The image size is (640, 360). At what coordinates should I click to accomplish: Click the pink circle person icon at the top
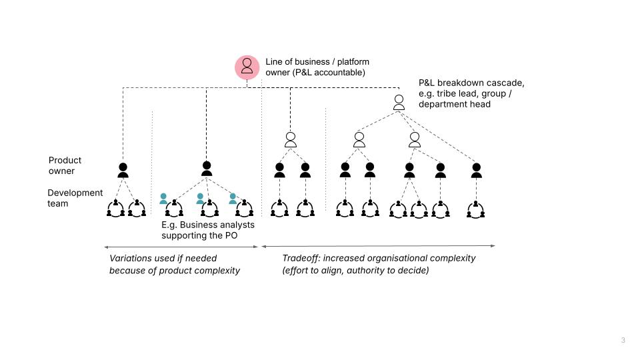(x=247, y=67)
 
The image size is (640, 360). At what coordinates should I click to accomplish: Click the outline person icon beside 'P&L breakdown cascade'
(x=399, y=102)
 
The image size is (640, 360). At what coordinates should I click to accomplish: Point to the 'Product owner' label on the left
(x=65, y=165)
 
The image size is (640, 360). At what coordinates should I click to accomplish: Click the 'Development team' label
(x=75, y=198)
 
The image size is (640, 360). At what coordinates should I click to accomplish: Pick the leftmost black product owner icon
(x=123, y=170)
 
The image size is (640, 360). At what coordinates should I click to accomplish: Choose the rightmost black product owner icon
(x=476, y=170)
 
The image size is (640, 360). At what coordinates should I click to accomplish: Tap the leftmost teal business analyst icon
(x=163, y=198)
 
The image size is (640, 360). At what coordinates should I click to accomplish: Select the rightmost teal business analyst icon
(x=233, y=198)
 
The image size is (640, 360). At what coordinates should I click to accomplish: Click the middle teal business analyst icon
(x=200, y=198)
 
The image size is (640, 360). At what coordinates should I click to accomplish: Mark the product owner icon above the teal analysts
(x=207, y=169)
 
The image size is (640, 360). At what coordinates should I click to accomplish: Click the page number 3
(x=623, y=341)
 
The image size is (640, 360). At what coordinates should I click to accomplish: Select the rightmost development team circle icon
(x=476, y=210)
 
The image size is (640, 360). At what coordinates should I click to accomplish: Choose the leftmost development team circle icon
(x=115, y=210)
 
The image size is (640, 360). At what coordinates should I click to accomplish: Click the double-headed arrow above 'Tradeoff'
(x=378, y=246)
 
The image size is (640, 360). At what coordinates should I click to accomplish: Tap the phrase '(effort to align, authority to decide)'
(x=355, y=271)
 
